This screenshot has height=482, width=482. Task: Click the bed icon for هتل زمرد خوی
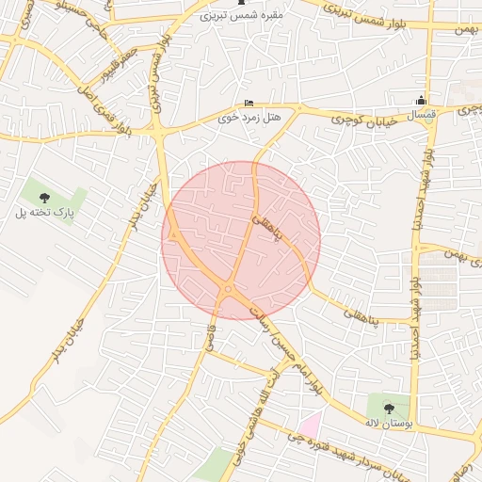click(249, 103)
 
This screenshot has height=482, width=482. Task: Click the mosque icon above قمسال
click(422, 101)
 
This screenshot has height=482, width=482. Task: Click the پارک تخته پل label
click(44, 213)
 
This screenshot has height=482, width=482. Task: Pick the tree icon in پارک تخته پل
click(44, 197)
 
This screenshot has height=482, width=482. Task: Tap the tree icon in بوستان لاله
click(390, 408)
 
